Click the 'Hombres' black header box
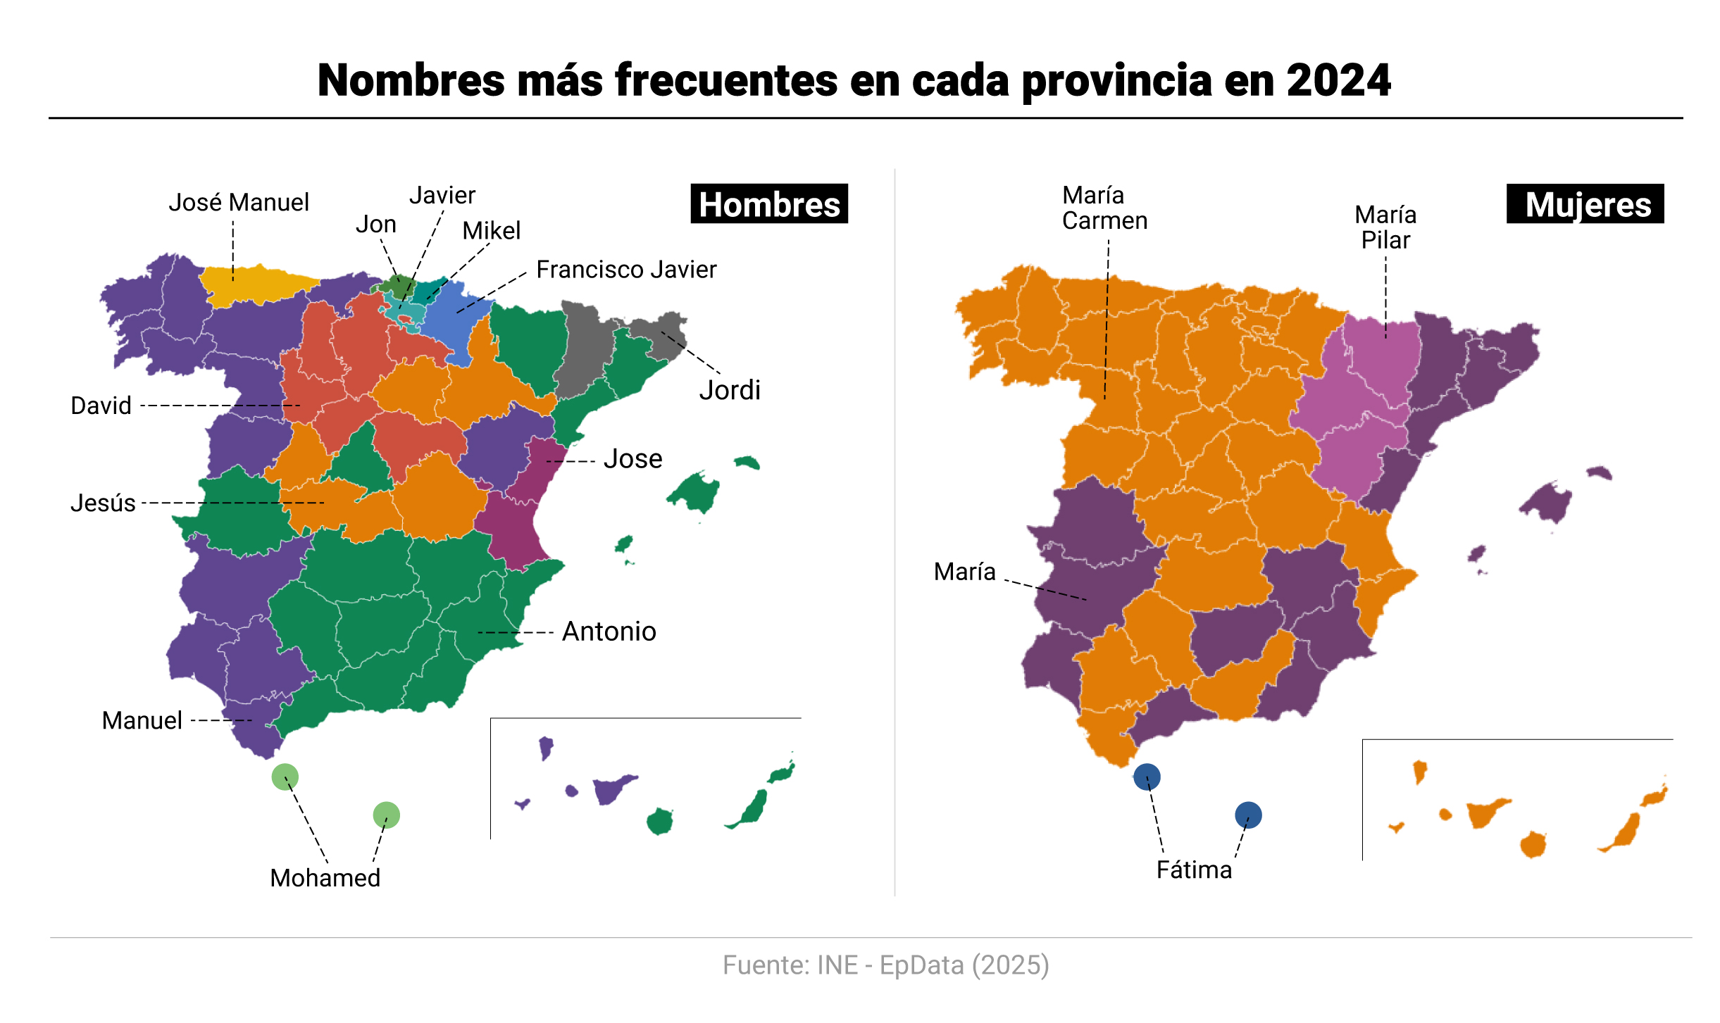[769, 204]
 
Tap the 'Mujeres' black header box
[1585, 204]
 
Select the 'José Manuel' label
[239, 203]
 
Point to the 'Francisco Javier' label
[626, 270]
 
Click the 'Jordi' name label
[730, 390]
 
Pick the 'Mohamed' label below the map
[325, 878]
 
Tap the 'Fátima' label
[1194, 870]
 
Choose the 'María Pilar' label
[1385, 227]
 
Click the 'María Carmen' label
[1104, 208]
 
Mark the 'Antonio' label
[609, 632]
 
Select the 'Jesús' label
[103, 503]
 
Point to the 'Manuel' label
[142, 720]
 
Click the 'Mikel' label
[491, 231]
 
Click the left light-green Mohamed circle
[285, 777]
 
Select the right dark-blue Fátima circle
[1248, 815]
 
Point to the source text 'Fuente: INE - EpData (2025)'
[885, 965]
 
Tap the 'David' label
[101, 406]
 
